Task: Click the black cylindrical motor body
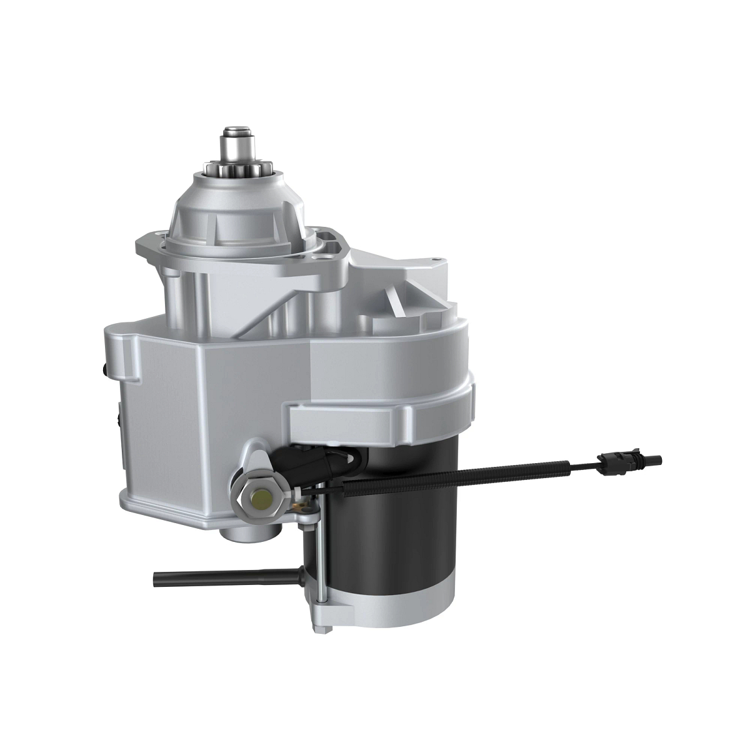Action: point(400,525)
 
